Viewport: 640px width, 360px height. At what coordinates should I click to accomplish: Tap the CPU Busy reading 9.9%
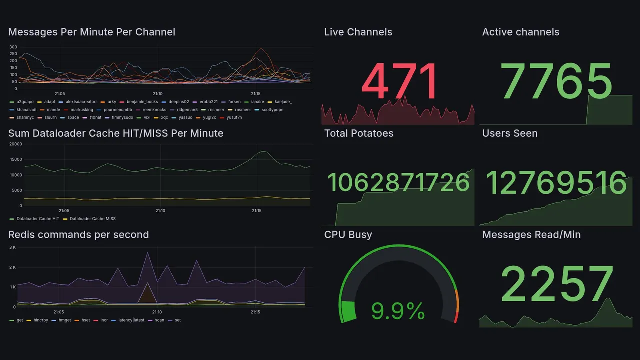pos(398,311)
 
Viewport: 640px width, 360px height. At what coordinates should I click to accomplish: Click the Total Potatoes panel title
pos(359,133)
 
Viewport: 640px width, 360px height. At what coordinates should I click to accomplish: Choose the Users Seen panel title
pos(510,133)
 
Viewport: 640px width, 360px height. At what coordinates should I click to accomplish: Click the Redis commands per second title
pos(79,235)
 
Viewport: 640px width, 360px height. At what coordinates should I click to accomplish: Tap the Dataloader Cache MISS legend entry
pos(93,219)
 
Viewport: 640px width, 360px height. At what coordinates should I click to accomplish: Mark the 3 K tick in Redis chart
pos(13,247)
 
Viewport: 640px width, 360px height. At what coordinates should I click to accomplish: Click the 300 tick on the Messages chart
pos(13,47)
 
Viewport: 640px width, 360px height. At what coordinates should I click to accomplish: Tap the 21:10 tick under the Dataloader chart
pos(160,211)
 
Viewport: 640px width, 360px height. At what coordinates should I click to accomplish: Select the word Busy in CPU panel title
pos(360,235)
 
